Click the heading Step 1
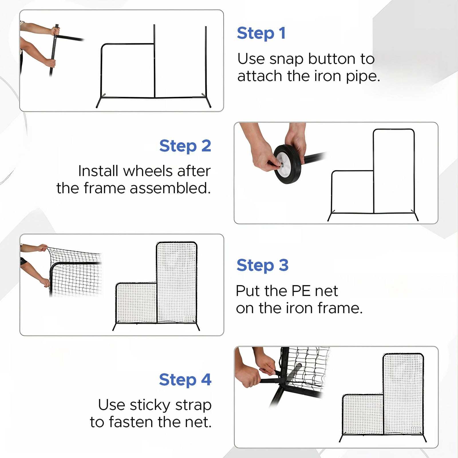[261, 33]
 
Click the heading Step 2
[185, 146]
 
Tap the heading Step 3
[262, 265]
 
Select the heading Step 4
[185, 380]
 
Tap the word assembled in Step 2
[170, 189]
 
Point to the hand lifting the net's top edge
[43, 247]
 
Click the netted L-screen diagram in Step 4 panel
[383, 398]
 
